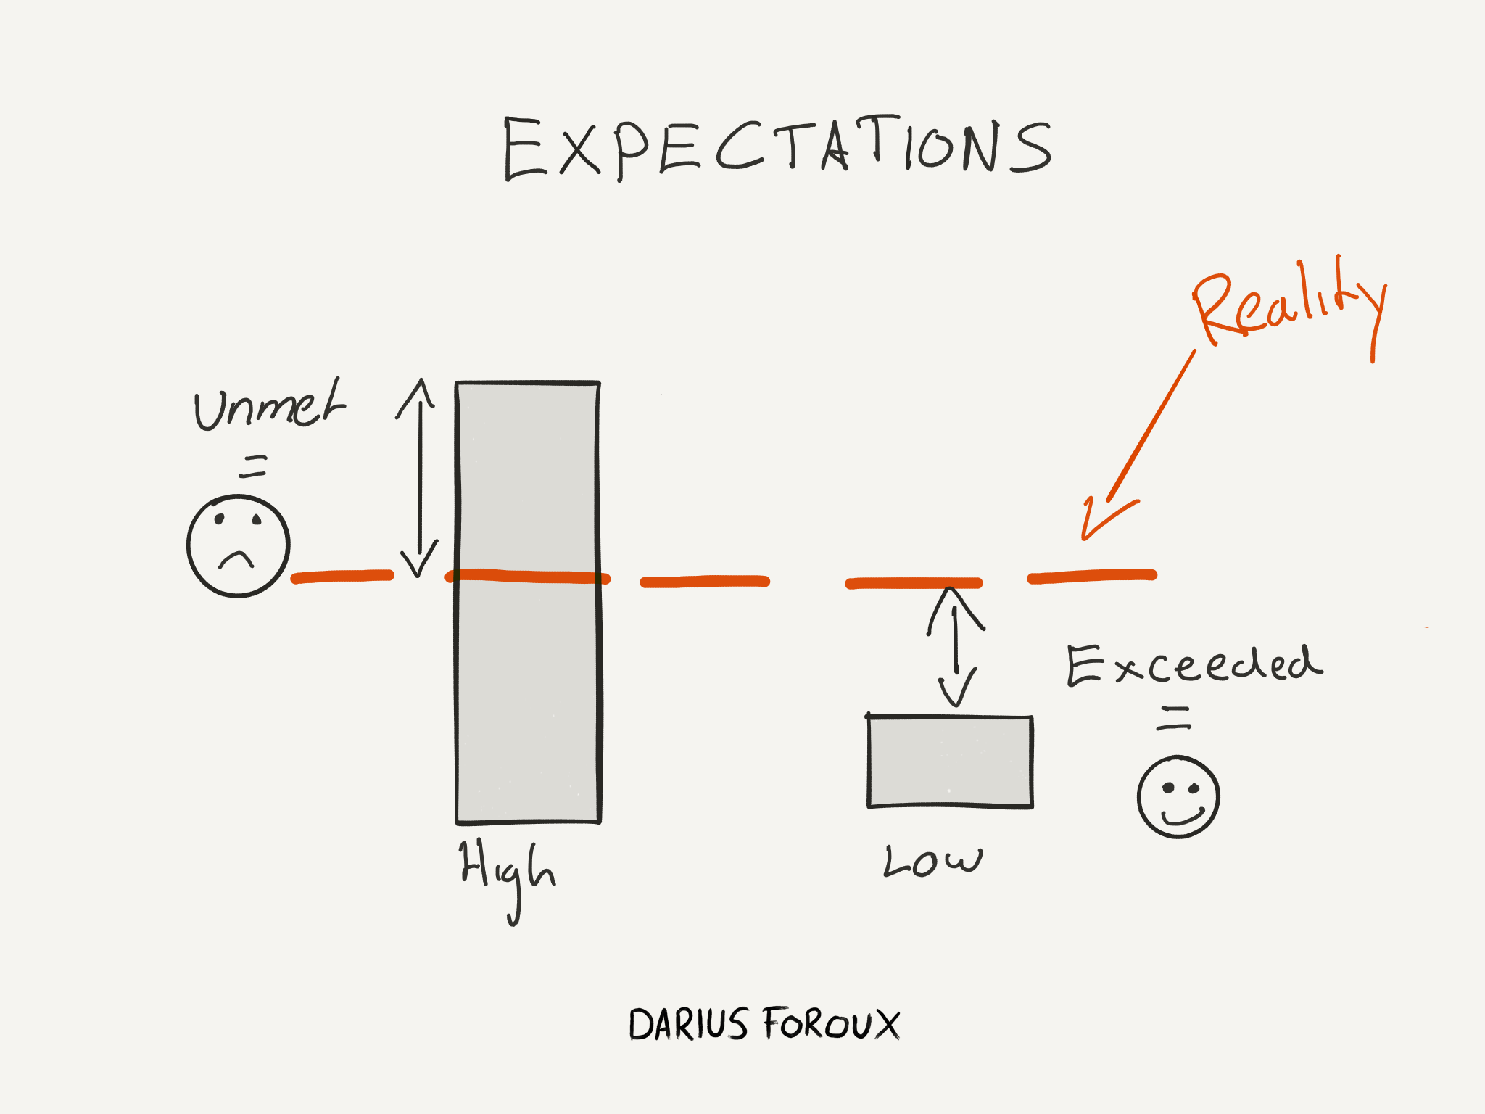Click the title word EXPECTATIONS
point(777,148)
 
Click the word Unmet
point(268,406)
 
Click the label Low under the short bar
point(932,861)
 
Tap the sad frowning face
point(239,546)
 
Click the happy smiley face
point(1178,797)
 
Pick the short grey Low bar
point(951,762)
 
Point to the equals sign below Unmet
point(253,466)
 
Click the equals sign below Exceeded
point(1174,718)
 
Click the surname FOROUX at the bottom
point(831,1024)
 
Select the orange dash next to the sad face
point(342,577)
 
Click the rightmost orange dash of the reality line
point(1092,576)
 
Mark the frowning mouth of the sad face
point(236,559)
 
